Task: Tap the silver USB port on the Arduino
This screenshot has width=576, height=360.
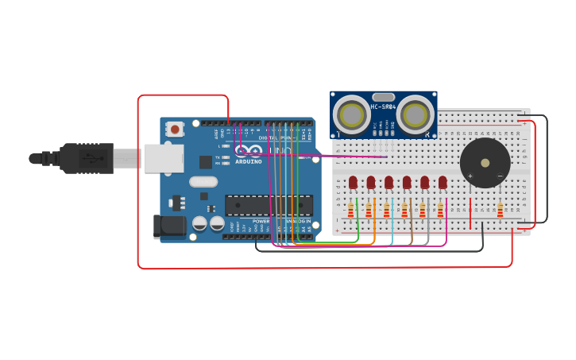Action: [164, 158]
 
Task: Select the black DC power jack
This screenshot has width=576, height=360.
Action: [169, 227]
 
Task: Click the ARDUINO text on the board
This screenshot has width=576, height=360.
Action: [249, 161]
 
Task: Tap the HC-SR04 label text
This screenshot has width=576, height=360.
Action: [382, 106]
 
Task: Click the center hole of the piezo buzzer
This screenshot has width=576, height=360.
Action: [485, 163]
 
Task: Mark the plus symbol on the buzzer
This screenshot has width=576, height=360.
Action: [470, 176]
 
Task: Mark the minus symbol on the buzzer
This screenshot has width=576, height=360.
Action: [500, 176]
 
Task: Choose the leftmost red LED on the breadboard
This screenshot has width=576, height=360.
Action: [353, 183]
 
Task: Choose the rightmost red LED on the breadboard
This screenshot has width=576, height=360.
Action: [443, 183]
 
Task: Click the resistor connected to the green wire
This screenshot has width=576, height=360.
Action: [350, 211]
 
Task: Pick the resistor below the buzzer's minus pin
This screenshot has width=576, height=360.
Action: [500, 211]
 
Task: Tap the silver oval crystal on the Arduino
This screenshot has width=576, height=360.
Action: [203, 182]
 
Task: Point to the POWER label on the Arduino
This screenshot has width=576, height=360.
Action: [261, 221]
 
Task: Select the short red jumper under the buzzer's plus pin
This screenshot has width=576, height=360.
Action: [470, 211]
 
